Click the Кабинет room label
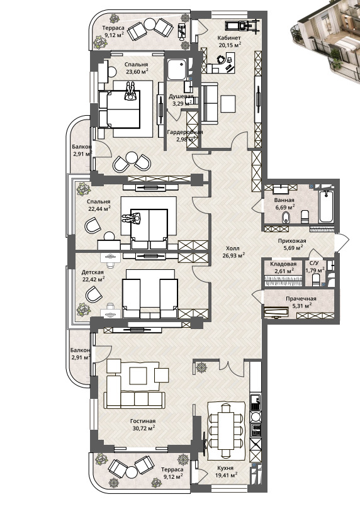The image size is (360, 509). point(229,38)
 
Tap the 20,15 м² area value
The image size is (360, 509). point(230,45)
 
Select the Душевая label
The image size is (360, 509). point(181,96)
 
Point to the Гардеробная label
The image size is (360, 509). point(185,132)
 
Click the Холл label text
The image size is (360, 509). point(233,249)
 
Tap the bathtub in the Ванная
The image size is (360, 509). point(327,206)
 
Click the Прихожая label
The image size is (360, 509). point(292,241)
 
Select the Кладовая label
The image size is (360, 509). point(283,264)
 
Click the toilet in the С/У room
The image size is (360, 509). point(316,279)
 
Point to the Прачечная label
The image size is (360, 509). point(301,299)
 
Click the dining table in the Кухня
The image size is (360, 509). point(225,430)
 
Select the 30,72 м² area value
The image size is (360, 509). point(142,428)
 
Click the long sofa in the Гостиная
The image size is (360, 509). point(135,400)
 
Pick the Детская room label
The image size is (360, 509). point(93,272)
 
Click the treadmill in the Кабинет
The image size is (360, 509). point(243,25)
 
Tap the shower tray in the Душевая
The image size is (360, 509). point(177,69)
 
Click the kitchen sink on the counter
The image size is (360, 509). point(255,403)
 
